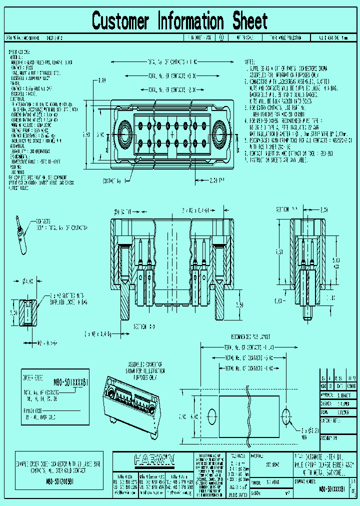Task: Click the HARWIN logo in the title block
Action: [154, 459]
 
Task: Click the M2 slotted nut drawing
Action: [28, 310]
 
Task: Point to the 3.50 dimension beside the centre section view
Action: [239, 304]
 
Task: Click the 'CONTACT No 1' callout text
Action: [112, 180]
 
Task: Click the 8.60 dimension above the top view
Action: [102, 80]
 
